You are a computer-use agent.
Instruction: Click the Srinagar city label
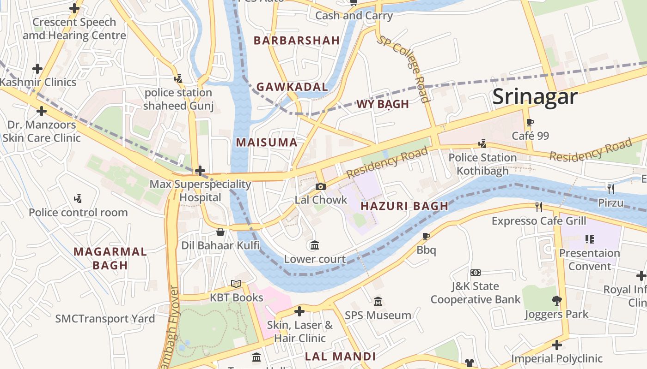[535, 97]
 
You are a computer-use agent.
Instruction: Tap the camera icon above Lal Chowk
[320, 186]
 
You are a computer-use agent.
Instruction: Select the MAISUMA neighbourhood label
[267, 143]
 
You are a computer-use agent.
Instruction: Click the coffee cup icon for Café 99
[530, 123]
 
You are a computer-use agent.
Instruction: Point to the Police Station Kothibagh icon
[482, 144]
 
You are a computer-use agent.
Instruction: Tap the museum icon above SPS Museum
[378, 302]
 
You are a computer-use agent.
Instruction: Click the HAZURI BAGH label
[404, 206]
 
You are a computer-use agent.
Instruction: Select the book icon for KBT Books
[236, 284]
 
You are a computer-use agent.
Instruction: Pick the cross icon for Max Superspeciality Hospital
[200, 171]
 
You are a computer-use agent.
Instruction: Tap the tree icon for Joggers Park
[556, 301]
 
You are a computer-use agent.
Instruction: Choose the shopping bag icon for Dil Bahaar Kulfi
[220, 232]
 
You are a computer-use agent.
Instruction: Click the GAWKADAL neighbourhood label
[292, 87]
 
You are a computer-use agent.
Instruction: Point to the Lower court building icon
[315, 245]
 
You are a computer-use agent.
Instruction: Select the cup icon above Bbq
[426, 236]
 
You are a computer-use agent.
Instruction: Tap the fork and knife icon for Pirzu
[610, 188]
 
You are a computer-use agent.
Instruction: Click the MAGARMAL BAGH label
[110, 258]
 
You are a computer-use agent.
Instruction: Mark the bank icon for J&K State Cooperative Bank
[475, 273]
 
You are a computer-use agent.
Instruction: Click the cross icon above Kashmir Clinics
[37, 69]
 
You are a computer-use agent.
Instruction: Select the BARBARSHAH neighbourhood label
[297, 41]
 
